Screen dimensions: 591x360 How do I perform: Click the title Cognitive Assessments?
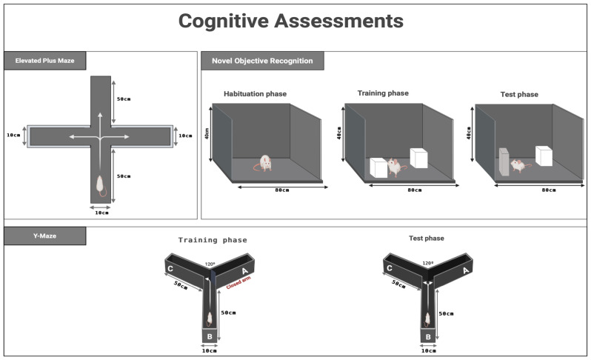(290, 21)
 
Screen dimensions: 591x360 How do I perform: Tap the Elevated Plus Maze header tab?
(45, 61)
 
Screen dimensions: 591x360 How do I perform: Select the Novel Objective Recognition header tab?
(262, 61)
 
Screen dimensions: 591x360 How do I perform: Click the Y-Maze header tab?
(45, 236)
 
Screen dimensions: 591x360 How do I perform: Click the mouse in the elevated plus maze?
(100, 185)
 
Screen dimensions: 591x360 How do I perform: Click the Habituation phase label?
(256, 94)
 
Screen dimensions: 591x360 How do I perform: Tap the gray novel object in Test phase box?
(504, 162)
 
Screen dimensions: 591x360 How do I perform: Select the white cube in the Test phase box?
(544, 156)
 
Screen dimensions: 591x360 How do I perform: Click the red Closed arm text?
(238, 283)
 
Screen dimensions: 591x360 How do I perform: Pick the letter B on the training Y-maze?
(210, 336)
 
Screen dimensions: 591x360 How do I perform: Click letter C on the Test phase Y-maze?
(390, 268)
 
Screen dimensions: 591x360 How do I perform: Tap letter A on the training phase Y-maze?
(244, 271)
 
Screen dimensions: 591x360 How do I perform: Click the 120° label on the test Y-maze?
(428, 263)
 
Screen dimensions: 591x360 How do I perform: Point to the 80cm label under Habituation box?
(282, 190)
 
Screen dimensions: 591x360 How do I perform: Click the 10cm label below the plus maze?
(101, 213)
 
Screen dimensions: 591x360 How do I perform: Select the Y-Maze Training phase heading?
(213, 240)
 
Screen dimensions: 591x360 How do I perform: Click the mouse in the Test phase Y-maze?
(427, 320)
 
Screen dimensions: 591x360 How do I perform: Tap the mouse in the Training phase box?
(395, 167)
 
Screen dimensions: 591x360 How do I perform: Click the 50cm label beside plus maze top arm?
(124, 99)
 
